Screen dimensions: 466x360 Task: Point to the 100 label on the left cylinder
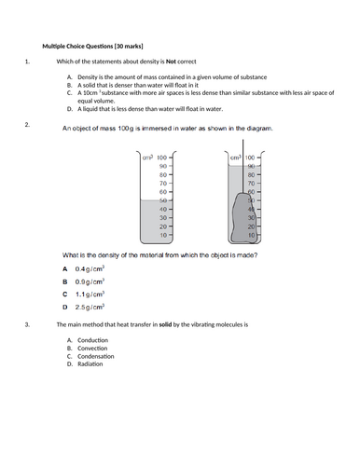(x=161, y=158)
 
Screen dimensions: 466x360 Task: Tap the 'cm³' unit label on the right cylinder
(x=235, y=158)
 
